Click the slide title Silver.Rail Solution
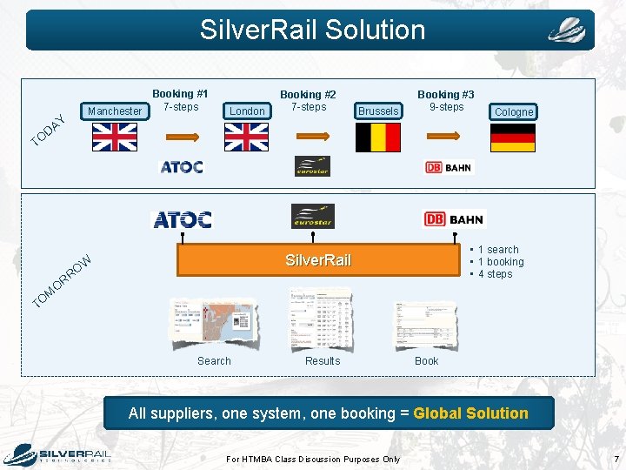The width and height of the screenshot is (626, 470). pyautogui.click(x=312, y=30)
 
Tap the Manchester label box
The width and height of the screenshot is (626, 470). pyautogui.click(x=115, y=111)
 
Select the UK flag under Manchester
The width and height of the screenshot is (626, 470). pyautogui.click(x=115, y=137)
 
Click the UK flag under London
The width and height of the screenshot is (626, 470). pyautogui.click(x=246, y=137)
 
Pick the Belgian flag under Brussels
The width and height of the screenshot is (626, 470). pyautogui.click(x=378, y=137)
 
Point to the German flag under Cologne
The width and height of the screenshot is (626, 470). pyautogui.click(x=512, y=138)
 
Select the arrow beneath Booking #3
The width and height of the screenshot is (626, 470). pyautogui.click(x=445, y=136)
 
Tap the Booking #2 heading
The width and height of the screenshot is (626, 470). pyautogui.click(x=308, y=94)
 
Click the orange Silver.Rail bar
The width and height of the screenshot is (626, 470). pyautogui.click(x=318, y=260)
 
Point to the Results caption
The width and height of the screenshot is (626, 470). pyautogui.click(x=323, y=360)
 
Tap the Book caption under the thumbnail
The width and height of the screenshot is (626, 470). pyautogui.click(x=426, y=360)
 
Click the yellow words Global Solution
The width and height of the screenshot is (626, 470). pyautogui.click(x=470, y=413)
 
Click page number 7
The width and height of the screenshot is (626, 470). pyautogui.click(x=616, y=459)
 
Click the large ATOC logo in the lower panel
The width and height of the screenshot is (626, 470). pyautogui.click(x=183, y=219)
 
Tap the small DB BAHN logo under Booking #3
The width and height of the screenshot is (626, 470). pyautogui.click(x=450, y=167)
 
